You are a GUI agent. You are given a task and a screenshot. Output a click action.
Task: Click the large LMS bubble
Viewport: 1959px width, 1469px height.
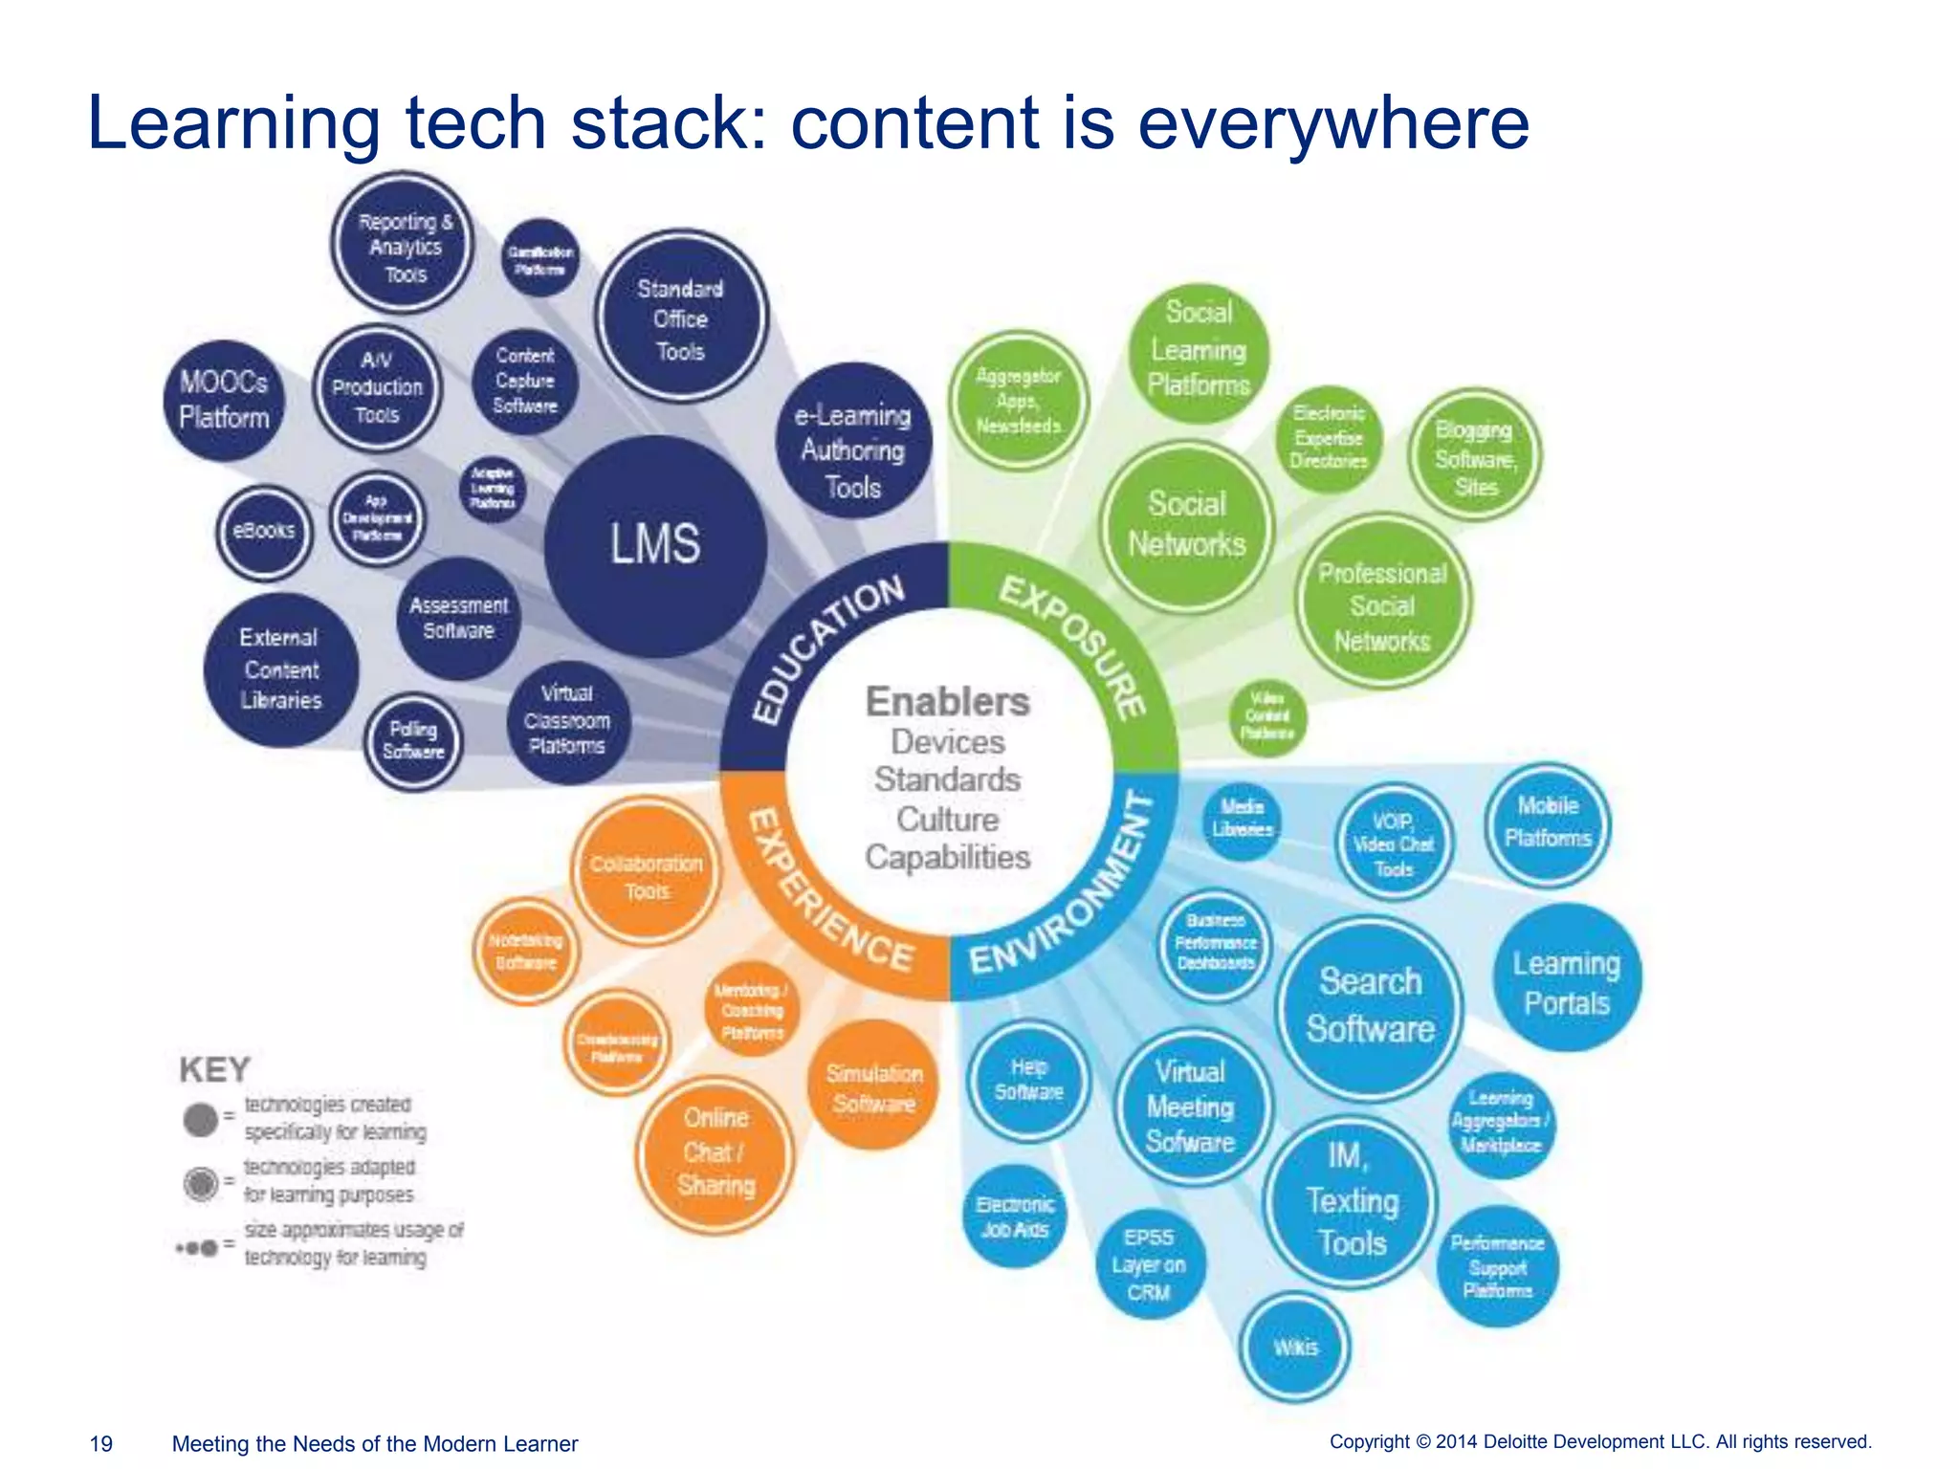[655, 545]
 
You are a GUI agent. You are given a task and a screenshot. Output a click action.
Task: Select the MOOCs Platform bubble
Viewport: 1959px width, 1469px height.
[225, 400]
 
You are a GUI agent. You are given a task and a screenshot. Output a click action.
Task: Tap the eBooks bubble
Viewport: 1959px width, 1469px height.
[264, 532]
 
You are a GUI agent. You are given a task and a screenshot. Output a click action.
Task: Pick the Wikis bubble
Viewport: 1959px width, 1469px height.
[1296, 1347]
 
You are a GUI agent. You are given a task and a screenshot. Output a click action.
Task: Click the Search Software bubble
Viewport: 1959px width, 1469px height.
[1370, 1005]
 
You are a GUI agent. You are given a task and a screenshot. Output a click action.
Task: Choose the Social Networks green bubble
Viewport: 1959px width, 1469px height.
[1187, 524]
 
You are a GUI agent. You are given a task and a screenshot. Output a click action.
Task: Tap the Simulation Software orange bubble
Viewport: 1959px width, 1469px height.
[874, 1087]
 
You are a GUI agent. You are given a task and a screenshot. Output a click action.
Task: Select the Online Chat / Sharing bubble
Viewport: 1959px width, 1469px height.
[715, 1152]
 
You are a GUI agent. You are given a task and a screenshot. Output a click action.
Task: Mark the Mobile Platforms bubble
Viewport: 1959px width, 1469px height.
[1547, 822]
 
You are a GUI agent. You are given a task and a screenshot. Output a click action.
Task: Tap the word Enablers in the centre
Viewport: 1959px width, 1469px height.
[947, 702]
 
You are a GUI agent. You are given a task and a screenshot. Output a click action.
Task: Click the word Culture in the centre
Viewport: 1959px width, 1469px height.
[947, 820]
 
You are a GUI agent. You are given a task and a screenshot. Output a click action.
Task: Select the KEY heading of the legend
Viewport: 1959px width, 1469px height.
[215, 1069]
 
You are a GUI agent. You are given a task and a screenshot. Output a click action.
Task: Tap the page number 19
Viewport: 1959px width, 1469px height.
[100, 1443]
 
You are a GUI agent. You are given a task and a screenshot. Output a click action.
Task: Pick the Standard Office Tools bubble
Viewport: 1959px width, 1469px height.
[680, 318]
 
